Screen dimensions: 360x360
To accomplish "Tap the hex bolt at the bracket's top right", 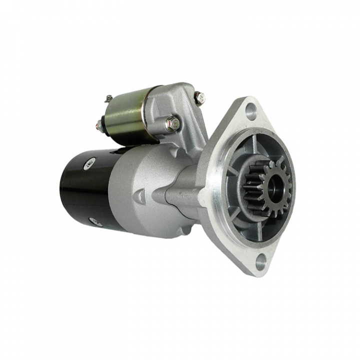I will (199, 97).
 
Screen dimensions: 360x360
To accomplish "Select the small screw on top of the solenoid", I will (108, 98).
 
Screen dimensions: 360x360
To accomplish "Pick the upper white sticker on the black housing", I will (90, 161).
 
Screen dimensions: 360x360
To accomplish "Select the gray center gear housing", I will (145, 190).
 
